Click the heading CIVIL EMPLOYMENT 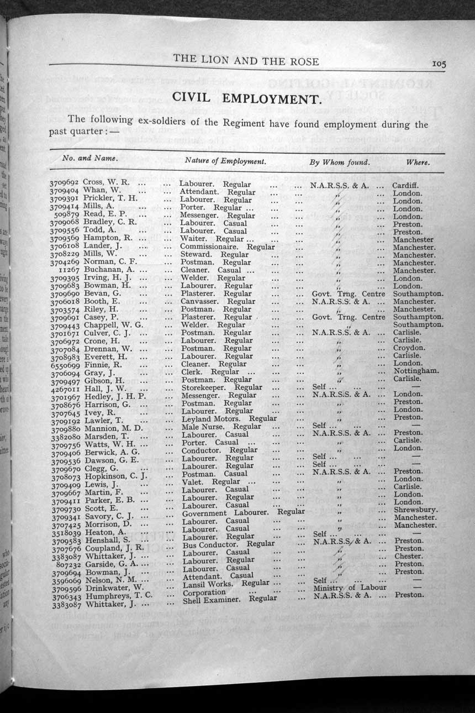pos(247,98)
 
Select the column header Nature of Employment pos(225,161)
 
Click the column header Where pos(418,162)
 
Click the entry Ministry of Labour pos(350,587)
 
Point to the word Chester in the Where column pos(408,556)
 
